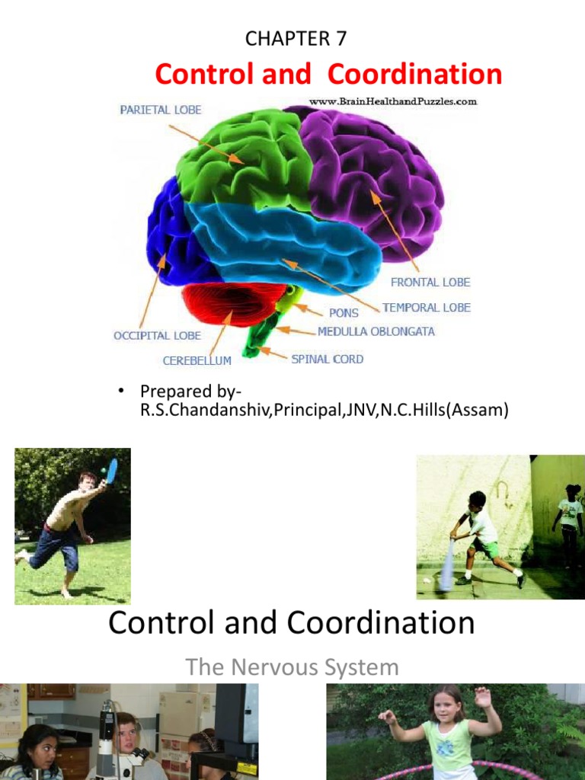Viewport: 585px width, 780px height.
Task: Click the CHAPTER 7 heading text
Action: coord(296,39)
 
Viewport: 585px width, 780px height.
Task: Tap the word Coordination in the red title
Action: coord(414,75)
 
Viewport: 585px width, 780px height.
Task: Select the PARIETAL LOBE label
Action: coord(161,110)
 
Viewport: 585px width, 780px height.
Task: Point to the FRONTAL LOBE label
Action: coord(430,283)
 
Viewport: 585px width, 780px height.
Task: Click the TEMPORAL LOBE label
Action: coord(427,308)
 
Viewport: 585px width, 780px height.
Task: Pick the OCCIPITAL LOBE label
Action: coord(157,335)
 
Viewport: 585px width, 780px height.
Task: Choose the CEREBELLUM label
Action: coord(197,360)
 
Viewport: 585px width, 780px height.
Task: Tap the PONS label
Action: coord(344,313)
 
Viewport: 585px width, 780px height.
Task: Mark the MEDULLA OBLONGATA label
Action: coord(376,332)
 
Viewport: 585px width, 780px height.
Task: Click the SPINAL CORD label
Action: coord(328,358)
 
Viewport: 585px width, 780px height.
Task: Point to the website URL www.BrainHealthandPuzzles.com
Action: coord(392,101)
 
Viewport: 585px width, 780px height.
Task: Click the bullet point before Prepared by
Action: coord(120,391)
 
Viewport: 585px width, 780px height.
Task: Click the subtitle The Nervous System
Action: coord(292,668)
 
